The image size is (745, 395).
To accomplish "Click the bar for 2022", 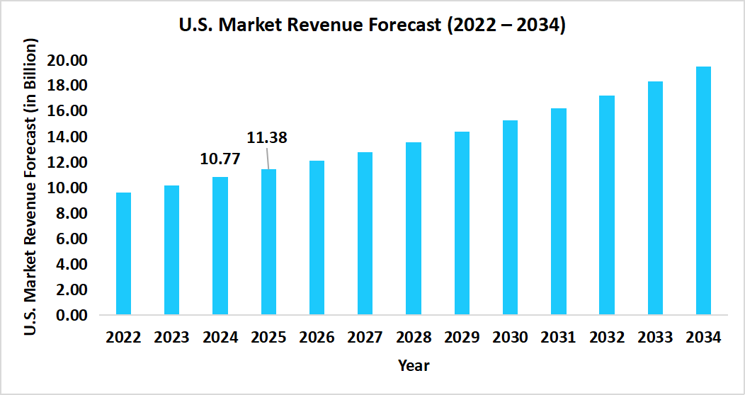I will coord(124,253).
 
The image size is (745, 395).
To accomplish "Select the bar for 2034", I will coord(703,190).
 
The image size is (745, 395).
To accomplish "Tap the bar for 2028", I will coord(414,228).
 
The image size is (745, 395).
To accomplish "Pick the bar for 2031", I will coord(559,211).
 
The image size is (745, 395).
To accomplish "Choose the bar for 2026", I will coord(317,237).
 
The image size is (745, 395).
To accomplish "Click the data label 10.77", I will coord(220,159).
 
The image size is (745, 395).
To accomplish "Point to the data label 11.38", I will coord(266,137).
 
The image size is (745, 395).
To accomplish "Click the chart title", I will coord(372,26).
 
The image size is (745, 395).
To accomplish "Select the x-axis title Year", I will coord(414,365).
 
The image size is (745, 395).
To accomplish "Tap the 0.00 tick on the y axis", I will coord(70,315).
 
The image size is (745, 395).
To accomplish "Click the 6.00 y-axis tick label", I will coord(70,239).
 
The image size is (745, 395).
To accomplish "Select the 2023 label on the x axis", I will coord(172,337).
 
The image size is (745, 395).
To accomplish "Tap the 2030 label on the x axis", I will coord(510,337).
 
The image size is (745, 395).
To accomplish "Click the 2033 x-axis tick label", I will coord(655,337).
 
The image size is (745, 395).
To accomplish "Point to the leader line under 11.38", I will coord(268,159).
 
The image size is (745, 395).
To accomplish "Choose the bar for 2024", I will coord(220,246).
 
